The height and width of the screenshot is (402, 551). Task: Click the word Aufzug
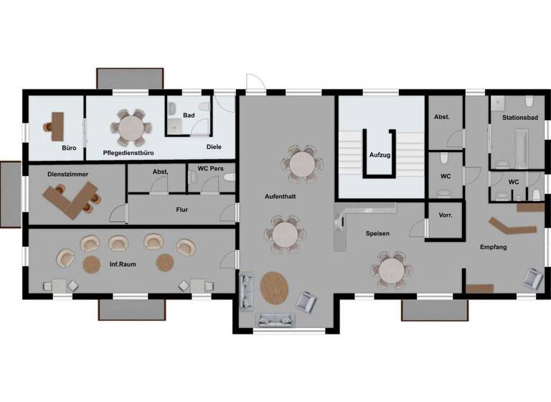point(380,154)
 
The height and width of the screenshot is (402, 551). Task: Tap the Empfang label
point(494,248)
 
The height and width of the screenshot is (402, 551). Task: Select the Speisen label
point(377,233)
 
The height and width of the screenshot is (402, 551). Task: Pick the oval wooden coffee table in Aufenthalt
point(274,289)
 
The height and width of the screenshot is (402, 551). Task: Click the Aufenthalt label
point(280,195)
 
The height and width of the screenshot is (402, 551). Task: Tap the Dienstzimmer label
point(67,174)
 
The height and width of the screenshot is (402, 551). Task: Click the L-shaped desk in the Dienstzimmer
point(70,197)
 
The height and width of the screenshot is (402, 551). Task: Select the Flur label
point(182,210)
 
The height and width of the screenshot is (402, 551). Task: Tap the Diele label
point(214,146)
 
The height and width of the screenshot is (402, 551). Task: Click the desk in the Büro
point(57,125)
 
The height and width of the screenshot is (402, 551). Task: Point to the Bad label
point(189,115)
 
